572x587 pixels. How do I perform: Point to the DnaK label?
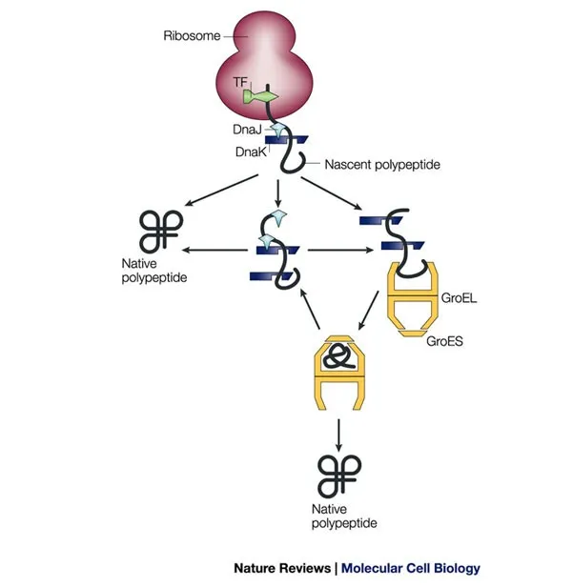click(249, 152)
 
